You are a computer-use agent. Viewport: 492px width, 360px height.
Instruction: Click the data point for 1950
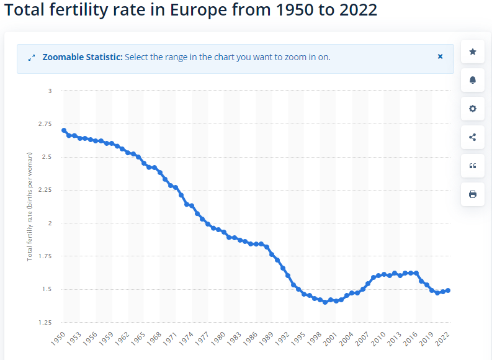click(x=64, y=130)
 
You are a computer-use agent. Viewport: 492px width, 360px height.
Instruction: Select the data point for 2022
click(x=448, y=290)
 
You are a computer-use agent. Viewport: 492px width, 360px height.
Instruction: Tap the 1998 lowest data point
click(x=325, y=302)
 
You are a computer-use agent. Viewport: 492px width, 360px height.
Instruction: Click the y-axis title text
click(x=30, y=206)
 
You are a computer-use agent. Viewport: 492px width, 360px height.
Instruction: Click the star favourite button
click(x=473, y=52)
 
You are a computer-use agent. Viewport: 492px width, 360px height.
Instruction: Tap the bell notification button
click(x=473, y=80)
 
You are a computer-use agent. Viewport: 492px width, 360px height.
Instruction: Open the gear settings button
click(x=473, y=109)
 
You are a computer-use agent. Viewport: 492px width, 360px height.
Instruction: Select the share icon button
click(x=473, y=137)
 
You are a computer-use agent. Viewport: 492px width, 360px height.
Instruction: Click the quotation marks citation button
click(x=473, y=166)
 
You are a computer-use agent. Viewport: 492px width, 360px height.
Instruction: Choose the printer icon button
click(x=473, y=194)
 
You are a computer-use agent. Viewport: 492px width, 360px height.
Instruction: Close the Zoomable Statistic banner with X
click(x=440, y=56)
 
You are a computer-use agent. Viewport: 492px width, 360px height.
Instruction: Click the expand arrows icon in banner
click(x=32, y=58)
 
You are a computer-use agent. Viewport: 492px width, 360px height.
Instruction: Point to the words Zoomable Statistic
click(x=82, y=57)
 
